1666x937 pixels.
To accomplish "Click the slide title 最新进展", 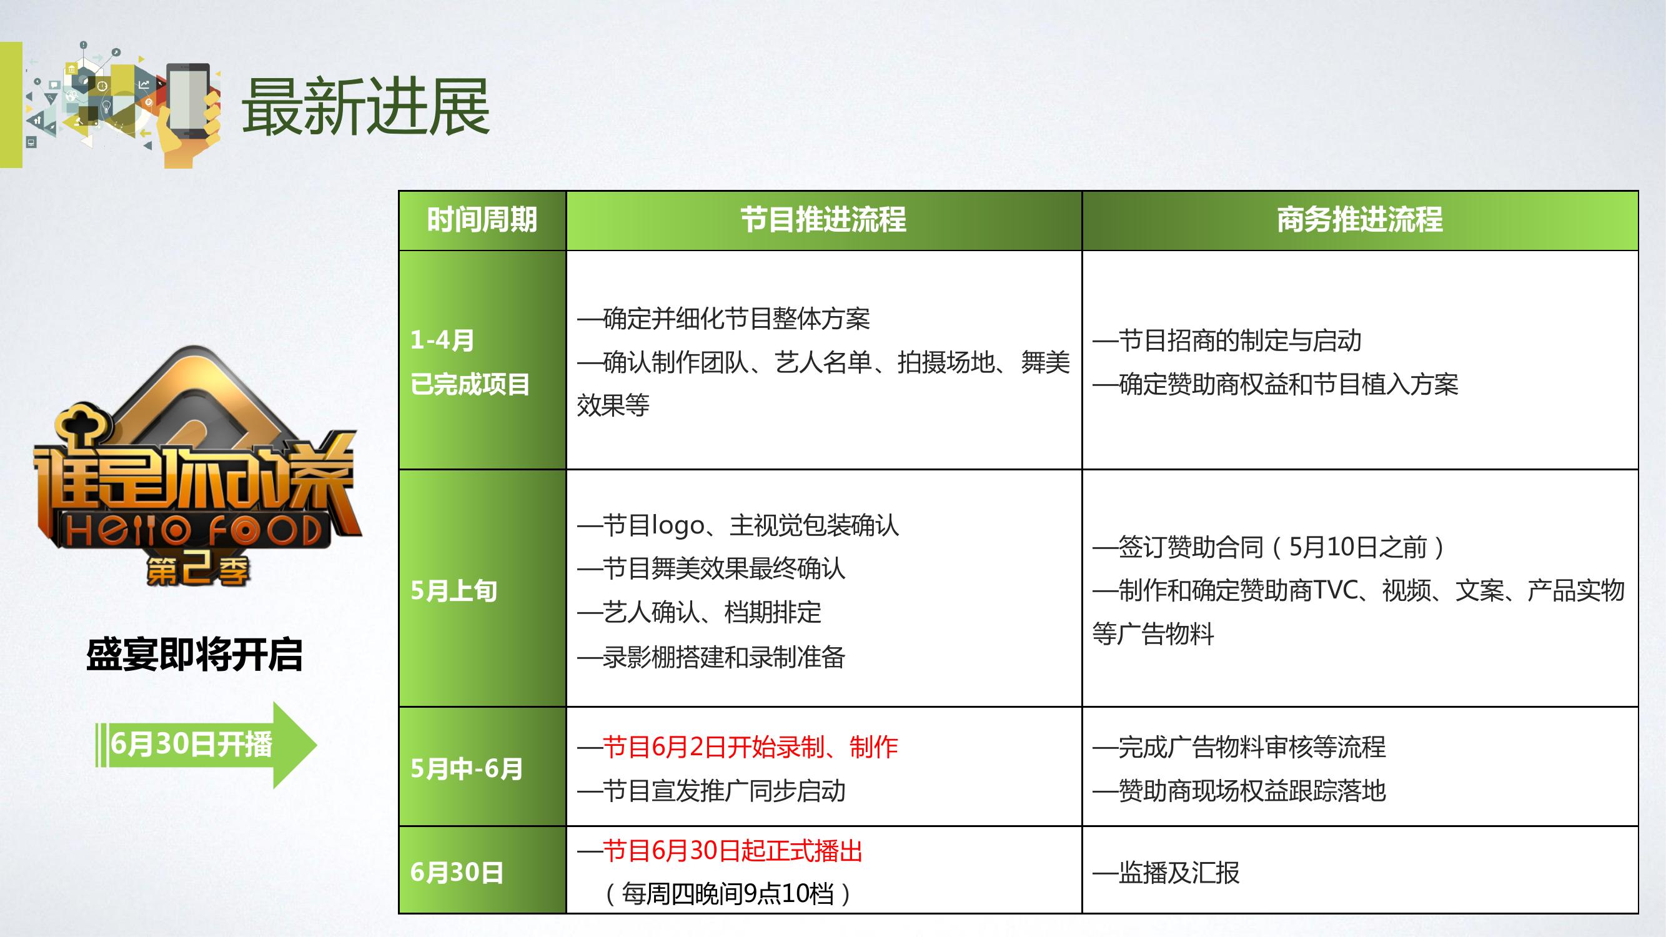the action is (x=366, y=107).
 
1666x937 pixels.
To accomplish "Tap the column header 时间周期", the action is (x=482, y=220).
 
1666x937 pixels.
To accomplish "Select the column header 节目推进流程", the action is (x=823, y=220).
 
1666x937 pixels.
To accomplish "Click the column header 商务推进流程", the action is (x=1359, y=220).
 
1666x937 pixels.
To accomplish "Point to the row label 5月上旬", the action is (x=454, y=590).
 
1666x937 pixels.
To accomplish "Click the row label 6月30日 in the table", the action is (x=457, y=872).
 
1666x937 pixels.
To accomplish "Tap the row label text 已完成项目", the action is (x=470, y=384).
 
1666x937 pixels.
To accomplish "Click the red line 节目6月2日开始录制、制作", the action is (x=750, y=747).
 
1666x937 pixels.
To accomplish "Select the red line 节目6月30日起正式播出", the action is (x=733, y=850).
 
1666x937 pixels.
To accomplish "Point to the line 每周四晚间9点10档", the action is (x=728, y=894).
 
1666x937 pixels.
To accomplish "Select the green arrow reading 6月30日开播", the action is (x=206, y=745).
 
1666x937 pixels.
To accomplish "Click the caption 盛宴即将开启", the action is (x=195, y=655).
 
